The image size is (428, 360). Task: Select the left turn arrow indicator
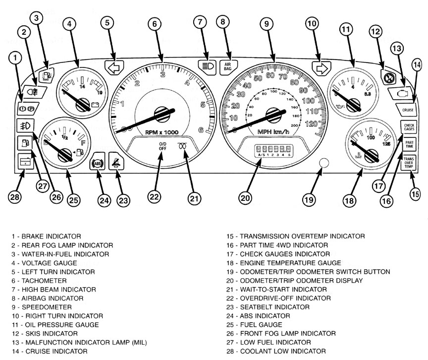(113, 67)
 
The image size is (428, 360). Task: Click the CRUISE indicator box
(408, 110)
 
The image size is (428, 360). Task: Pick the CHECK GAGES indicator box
(409, 127)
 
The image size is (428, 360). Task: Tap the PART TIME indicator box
(409, 144)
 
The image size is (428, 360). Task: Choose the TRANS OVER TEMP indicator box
(409, 162)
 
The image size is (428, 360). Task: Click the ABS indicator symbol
(97, 164)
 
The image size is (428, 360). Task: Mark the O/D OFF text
(162, 147)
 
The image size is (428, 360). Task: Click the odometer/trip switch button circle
(324, 163)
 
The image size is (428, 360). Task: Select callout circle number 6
(155, 23)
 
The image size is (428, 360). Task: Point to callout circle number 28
(15, 197)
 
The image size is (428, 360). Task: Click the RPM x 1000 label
(161, 132)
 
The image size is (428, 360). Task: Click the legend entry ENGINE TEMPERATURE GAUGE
(284, 263)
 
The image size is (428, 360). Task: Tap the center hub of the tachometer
(162, 114)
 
